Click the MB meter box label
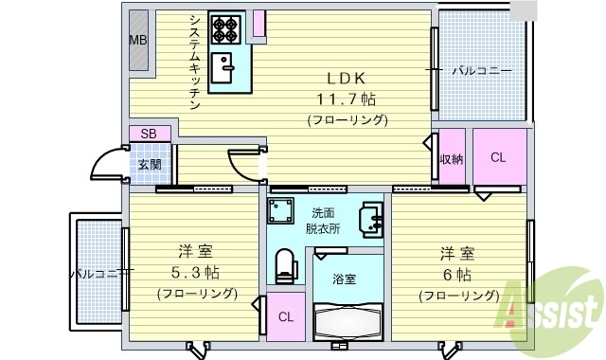tap(138, 40)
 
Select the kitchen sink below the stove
tap(225, 68)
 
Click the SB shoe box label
tap(149, 134)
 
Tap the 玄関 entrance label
tap(150, 165)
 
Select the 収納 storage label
tap(451, 159)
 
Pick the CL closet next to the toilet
tap(285, 316)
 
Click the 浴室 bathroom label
tap(346, 279)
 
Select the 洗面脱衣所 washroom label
tap(323, 220)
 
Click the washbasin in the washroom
tap(370, 223)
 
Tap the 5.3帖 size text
tap(196, 273)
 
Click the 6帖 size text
tap(459, 275)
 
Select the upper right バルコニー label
tap(481, 71)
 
